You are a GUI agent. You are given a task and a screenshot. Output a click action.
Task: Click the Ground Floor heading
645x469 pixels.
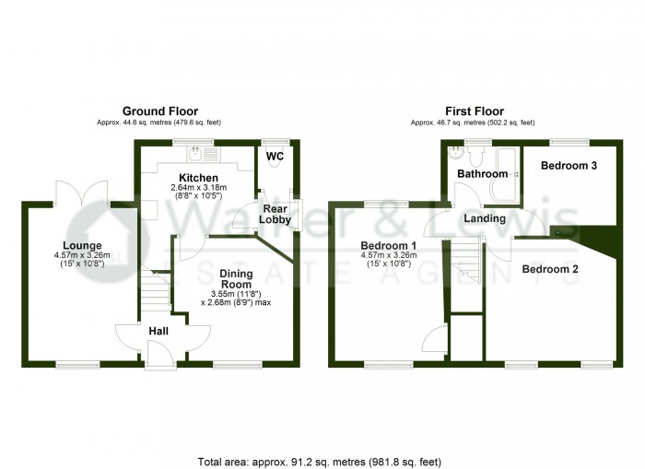tap(160, 111)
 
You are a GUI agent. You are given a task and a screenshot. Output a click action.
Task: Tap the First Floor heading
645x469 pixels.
tap(475, 111)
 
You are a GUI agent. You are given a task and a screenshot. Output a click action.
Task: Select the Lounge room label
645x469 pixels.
tap(82, 246)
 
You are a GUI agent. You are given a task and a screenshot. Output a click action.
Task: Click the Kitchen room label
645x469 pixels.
tap(198, 178)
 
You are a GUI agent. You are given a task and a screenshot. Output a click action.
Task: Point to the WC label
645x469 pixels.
tap(275, 157)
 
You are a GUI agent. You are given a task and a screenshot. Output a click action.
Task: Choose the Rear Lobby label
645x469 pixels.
tap(275, 214)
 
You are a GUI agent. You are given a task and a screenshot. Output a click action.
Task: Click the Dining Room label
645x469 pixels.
tap(236, 279)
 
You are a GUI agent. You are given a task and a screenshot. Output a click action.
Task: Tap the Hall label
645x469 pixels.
tap(158, 331)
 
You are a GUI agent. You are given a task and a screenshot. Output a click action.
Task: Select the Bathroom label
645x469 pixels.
tap(483, 173)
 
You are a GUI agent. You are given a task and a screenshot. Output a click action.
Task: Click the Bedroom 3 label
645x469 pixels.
tap(569, 165)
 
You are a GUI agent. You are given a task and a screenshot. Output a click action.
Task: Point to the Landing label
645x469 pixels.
tap(485, 218)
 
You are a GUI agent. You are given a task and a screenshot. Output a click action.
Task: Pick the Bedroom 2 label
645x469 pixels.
tap(550, 269)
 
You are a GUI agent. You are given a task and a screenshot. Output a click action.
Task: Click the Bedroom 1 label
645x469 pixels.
tap(388, 246)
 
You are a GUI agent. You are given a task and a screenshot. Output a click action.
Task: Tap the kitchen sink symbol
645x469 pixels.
tap(204, 154)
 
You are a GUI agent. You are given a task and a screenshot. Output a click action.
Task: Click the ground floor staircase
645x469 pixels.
tap(157, 288)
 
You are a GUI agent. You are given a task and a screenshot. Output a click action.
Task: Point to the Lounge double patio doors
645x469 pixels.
tap(82, 193)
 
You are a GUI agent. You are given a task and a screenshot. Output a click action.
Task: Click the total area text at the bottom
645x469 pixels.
tap(320, 462)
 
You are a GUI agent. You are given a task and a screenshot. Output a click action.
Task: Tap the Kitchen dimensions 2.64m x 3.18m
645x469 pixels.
tap(199, 188)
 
